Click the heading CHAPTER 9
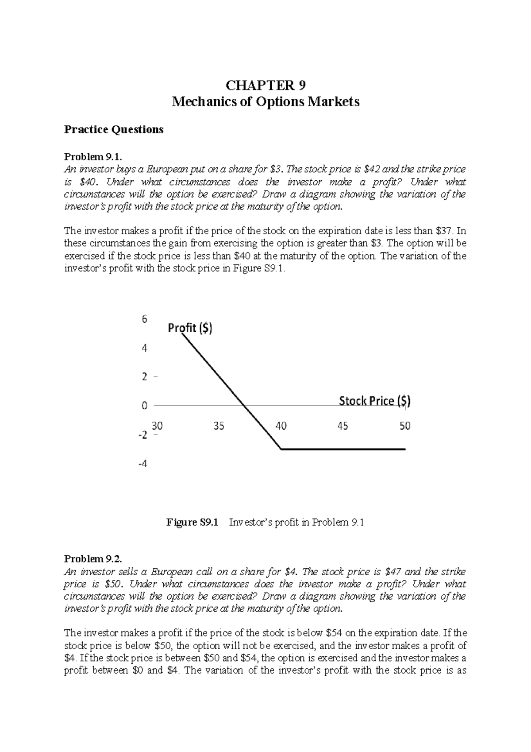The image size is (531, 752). pyautogui.click(x=265, y=85)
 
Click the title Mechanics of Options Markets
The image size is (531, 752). pyautogui.click(x=265, y=102)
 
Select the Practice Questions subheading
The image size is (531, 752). pyautogui.click(x=114, y=129)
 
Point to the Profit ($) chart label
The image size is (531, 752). pyautogui.click(x=190, y=328)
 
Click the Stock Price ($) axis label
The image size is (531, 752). pyautogui.click(x=374, y=401)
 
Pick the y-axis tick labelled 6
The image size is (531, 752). pyautogui.click(x=144, y=319)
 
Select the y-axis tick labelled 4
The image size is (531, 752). pyautogui.click(x=144, y=348)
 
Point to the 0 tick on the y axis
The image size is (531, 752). pyautogui.click(x=144, y=406)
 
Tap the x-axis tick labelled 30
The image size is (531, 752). pyautogui.click(x=157, y=426)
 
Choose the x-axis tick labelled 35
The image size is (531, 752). pyautogui.click(x=219, y=426)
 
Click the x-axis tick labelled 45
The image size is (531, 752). pyautogui.click(x=342, y=426)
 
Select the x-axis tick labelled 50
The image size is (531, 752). pyautogui.click(x=405, y=426)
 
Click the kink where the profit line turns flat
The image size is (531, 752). pyautogui.click(x=281, y=449)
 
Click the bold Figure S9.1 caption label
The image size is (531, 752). pyautogui.click(x=192, y=523)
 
